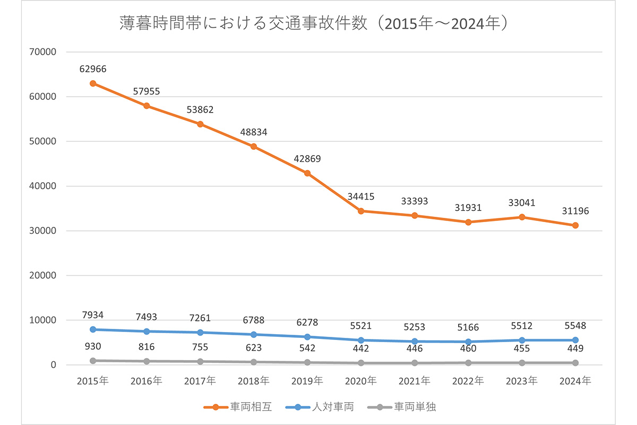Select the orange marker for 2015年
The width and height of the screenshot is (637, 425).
point(93,83)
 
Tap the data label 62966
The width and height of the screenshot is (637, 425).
point(93,69)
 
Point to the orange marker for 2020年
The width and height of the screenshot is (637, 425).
point(361,211)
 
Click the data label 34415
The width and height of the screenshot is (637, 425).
point(361,197)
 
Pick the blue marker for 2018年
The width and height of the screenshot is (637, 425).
point(254,335)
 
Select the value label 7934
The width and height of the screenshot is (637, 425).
point(93,315)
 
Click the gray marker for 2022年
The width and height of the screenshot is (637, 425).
point(468,363)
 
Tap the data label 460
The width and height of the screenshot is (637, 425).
point(468,348)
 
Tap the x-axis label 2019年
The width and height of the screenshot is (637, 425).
point(307,381)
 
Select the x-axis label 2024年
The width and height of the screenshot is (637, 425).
point(575,381)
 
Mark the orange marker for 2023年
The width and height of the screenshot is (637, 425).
point(522,217)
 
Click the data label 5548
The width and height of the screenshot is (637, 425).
point(575,326)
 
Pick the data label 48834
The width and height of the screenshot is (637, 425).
point(254,132)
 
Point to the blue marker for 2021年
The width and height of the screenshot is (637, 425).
point(415,342)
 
